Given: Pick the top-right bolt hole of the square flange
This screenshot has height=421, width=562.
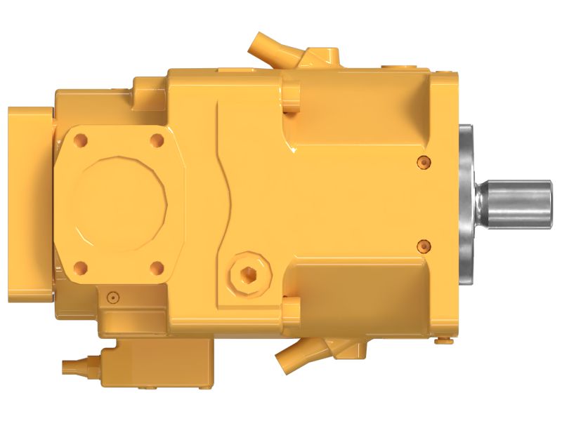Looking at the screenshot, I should (x=157, y=140).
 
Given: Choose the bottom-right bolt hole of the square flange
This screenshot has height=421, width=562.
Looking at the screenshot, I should (x=157, y=267).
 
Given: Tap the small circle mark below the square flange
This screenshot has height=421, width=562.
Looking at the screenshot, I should (x=110, y=298).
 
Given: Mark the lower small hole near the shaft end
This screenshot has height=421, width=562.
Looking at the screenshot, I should (x=422, y=245).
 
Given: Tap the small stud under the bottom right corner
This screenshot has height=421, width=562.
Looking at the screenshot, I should (x=443, y=342).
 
